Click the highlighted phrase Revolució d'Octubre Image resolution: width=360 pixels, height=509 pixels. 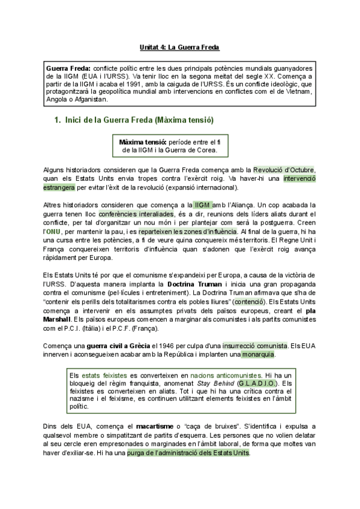click(283, 170)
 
